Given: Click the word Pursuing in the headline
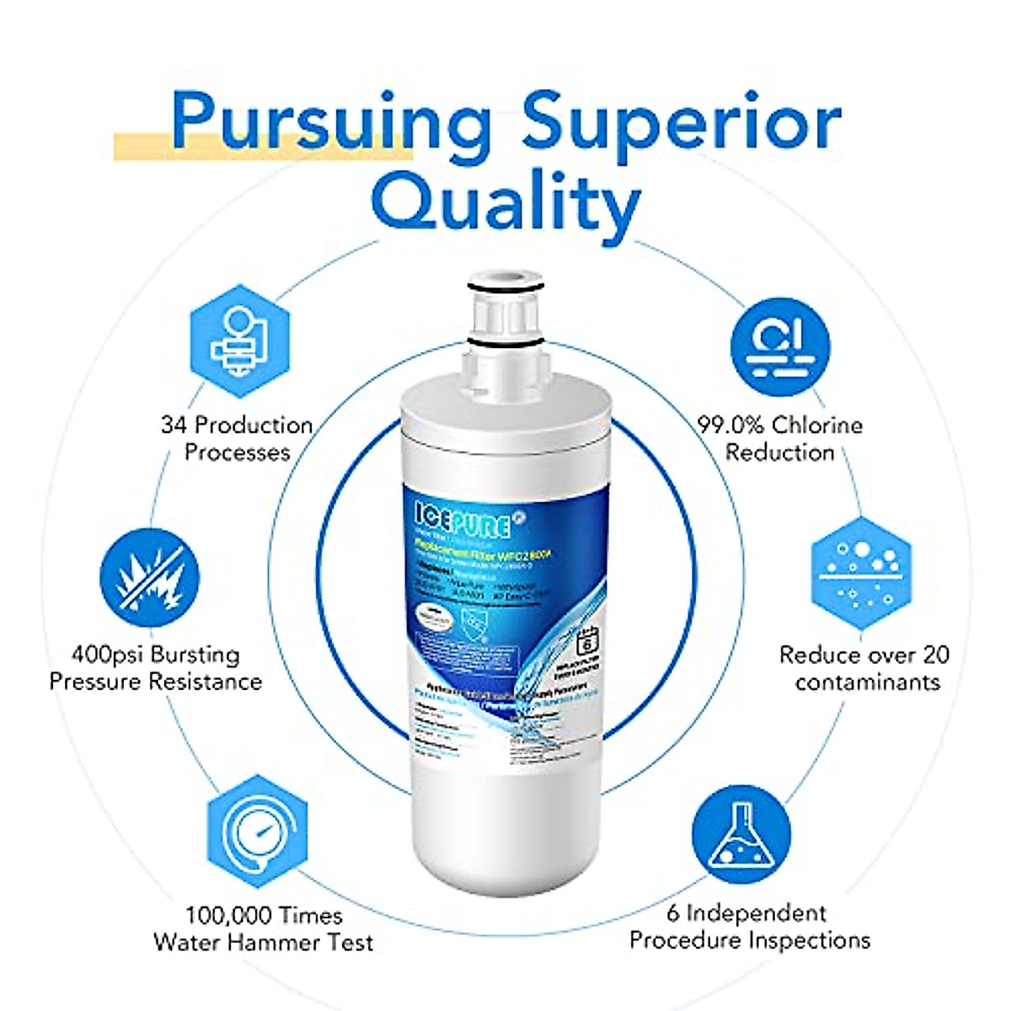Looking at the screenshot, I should coord(333,122).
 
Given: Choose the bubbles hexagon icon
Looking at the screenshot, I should coord(860,572).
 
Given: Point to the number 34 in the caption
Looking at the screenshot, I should coord(174,425).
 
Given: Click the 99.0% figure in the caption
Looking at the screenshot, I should coord(731,425).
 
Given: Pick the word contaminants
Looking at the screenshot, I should coord(867,682).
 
